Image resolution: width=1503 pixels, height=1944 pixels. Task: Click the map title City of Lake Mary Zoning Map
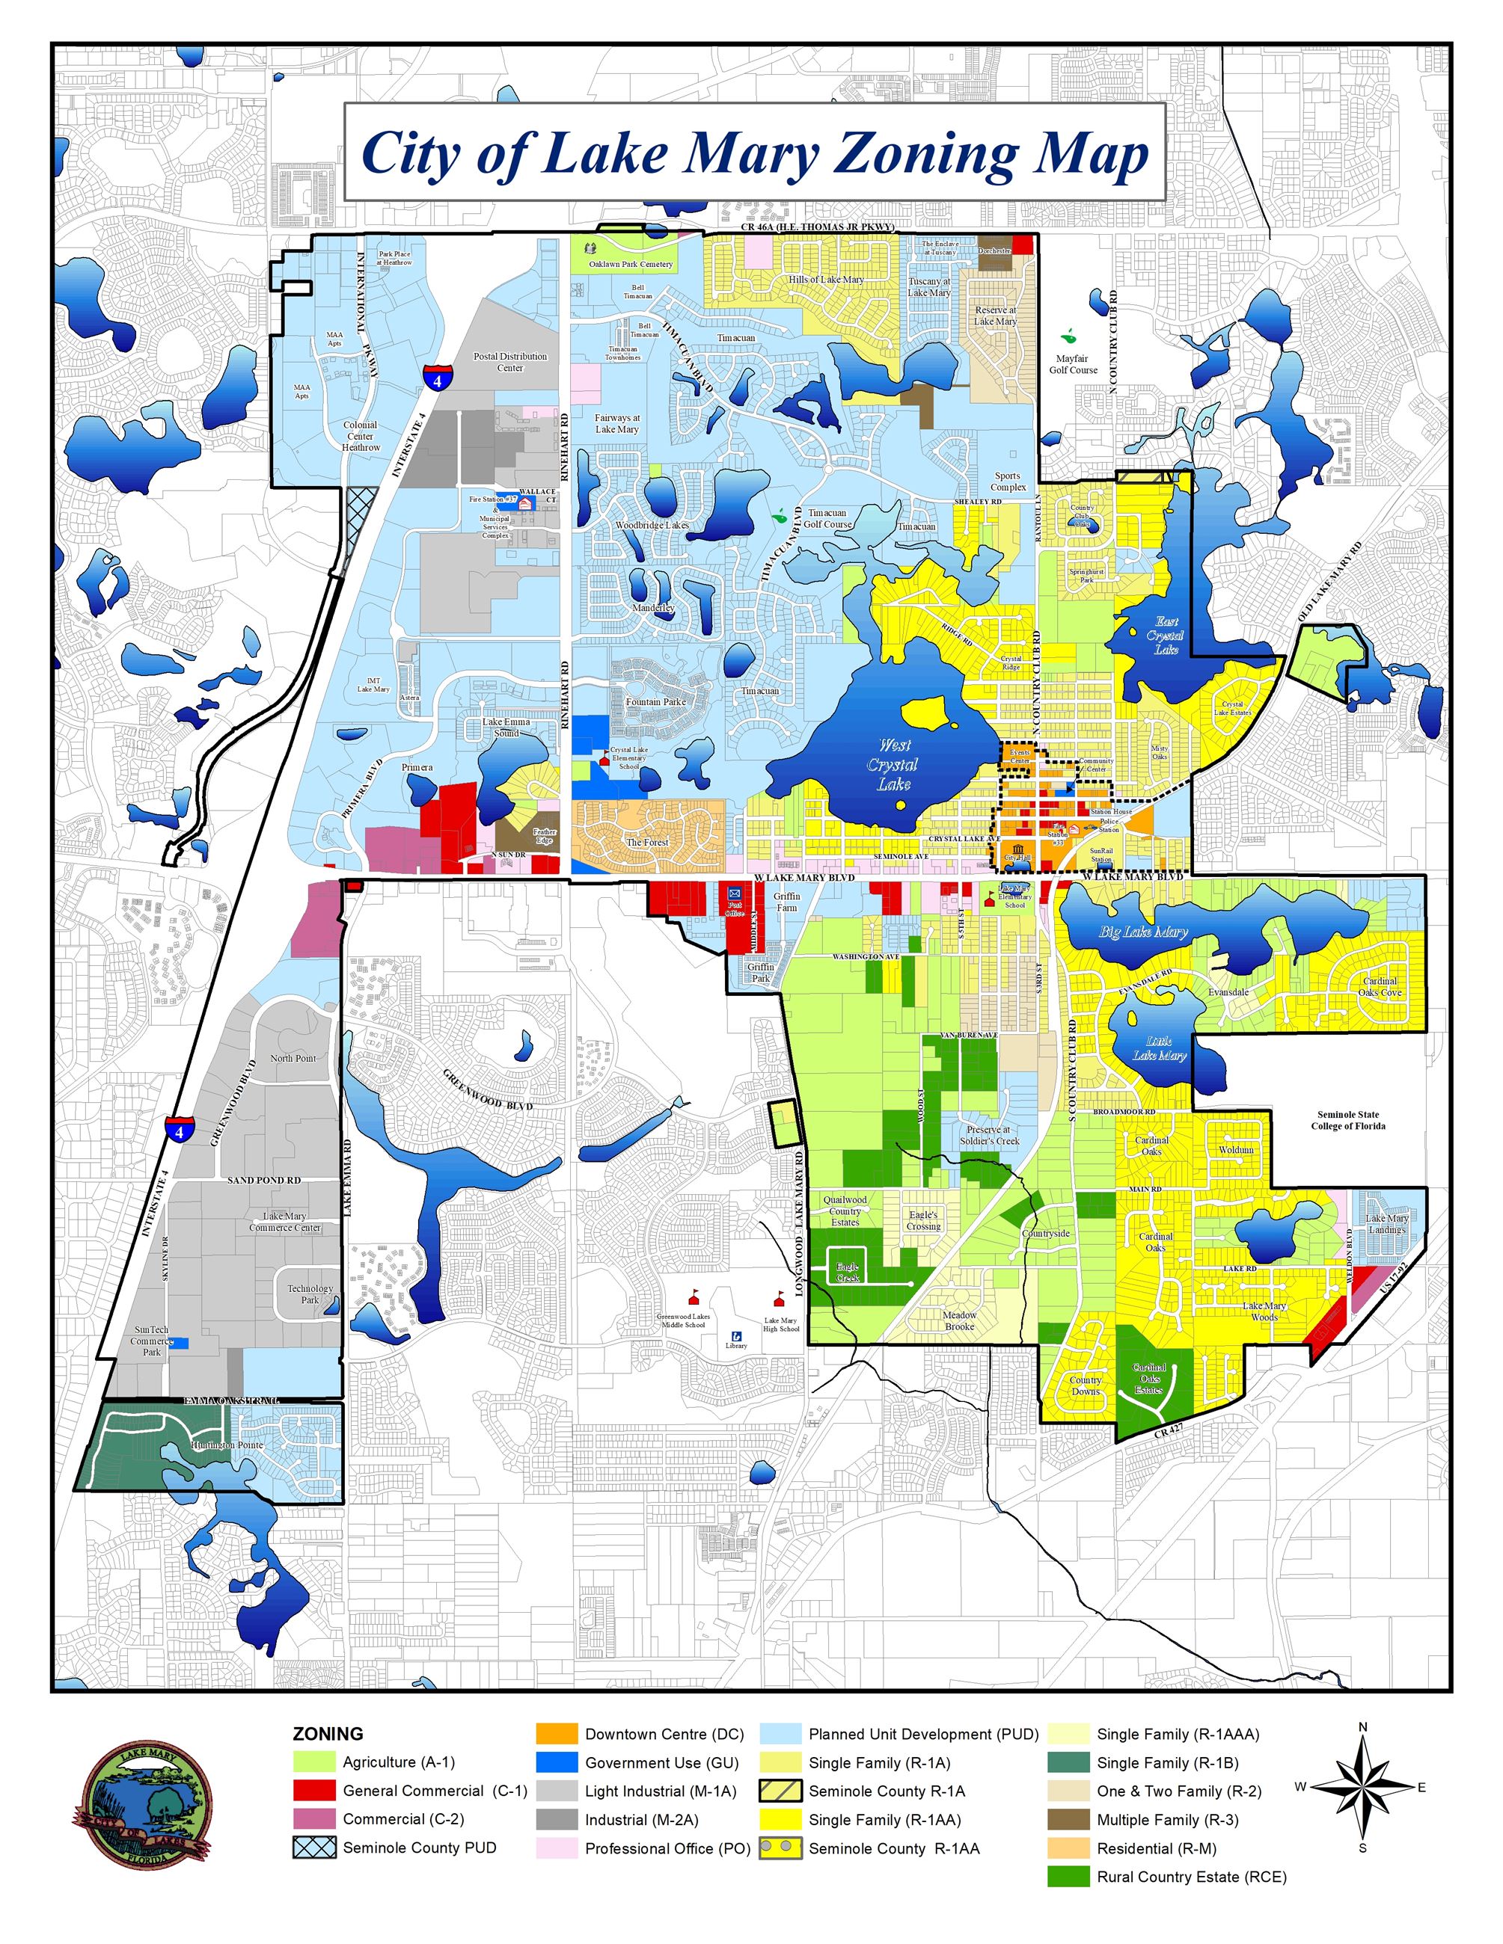(x=754, y=153)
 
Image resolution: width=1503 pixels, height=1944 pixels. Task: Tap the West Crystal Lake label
(x=893, y=763)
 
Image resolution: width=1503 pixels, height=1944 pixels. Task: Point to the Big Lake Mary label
(x=1143, y=932)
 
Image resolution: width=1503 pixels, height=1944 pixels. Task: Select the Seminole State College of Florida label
(x=1348, y=1120)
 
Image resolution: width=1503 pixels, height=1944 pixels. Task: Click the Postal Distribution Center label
(x=510, y=361)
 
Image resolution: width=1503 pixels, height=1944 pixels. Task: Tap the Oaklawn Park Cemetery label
(x=631, y=265)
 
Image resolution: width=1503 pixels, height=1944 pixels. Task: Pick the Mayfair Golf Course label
(x=1073, y=364)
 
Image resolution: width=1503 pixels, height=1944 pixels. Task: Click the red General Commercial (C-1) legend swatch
(x=314, y=1790)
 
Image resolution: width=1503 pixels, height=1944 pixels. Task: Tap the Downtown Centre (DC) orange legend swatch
(x=557, y=1733)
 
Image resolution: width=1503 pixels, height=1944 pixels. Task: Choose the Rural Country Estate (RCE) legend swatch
(x=1068, y=1877)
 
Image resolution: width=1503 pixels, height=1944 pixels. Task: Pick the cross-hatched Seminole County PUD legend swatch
(x=314, y=1847)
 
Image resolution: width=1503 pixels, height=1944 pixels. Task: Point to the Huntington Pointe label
(x=227, y=1445)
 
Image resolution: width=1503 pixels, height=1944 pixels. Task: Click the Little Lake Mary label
(x=1158, y=1048)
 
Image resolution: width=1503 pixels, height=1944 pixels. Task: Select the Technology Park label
(x=310, y=1294)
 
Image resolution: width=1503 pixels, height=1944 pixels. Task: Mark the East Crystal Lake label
(x=1166, y=636)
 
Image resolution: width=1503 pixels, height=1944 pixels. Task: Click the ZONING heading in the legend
(x=328, y=1733)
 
